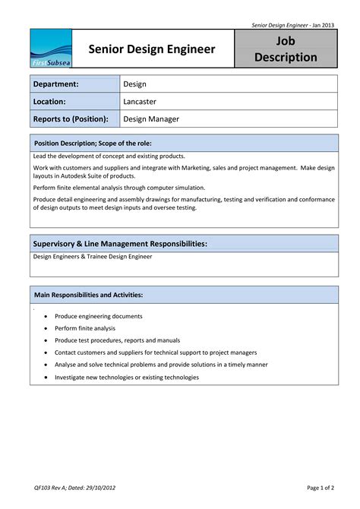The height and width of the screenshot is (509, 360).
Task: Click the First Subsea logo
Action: [51, 49]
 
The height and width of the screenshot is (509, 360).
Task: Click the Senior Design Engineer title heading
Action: [152, 49]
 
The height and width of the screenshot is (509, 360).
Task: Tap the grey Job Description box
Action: [286, 49]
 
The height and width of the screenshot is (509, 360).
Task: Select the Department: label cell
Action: [75, 84]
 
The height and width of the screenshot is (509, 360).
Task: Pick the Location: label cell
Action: [75, 101]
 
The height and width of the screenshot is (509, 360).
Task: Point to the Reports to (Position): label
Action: [71, 119]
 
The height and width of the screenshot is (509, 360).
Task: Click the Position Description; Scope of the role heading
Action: [93, 144]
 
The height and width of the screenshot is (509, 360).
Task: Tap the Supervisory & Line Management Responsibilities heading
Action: [120, 244]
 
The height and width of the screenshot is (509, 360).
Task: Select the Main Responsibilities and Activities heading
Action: [88, 295]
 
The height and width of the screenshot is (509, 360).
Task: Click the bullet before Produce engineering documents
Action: [46, 317]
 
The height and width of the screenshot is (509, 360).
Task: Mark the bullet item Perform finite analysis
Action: [85, 328]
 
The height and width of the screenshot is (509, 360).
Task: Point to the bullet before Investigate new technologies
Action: [46, 378]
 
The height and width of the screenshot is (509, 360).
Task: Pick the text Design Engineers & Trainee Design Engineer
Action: [92, 257]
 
